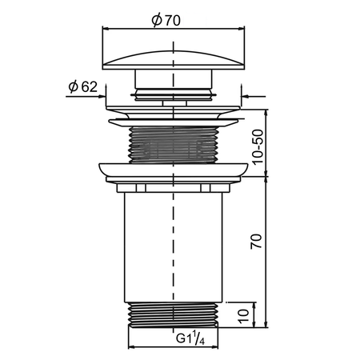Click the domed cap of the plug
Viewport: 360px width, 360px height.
[x=173, y=59]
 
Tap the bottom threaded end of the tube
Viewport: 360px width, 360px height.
[x=173, y=314]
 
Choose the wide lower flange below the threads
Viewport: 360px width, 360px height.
[x=173, y=171]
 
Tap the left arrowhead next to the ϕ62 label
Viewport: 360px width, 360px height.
[x=102, y=98]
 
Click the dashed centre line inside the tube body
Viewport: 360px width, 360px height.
[x=173, y=240]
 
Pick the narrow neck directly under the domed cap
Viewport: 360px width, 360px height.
[x=173, y=80]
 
